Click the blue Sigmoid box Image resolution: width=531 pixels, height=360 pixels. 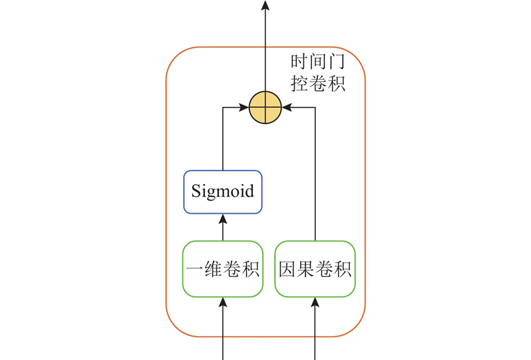(222, 192)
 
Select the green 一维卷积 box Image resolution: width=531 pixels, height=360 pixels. (222, 269)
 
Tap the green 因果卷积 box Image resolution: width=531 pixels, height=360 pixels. (315, 269)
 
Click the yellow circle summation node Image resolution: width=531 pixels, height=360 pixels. (265, 107)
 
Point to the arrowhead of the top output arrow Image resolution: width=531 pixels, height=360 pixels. (265, 5)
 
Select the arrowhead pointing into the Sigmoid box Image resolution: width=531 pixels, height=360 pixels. (222, 219)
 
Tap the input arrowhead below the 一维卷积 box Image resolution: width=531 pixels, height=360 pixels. (222, 302)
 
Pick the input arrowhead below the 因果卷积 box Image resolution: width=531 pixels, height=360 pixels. (315, 302)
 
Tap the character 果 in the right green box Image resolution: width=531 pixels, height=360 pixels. (306, 270)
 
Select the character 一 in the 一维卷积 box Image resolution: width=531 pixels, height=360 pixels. (195, 270)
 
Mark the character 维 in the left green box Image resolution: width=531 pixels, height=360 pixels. (213, 270)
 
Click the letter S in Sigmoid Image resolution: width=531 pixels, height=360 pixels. (196, 192)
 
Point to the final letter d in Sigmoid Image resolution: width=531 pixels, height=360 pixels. (249, 192)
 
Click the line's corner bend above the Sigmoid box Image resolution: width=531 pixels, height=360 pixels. (222, 107)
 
